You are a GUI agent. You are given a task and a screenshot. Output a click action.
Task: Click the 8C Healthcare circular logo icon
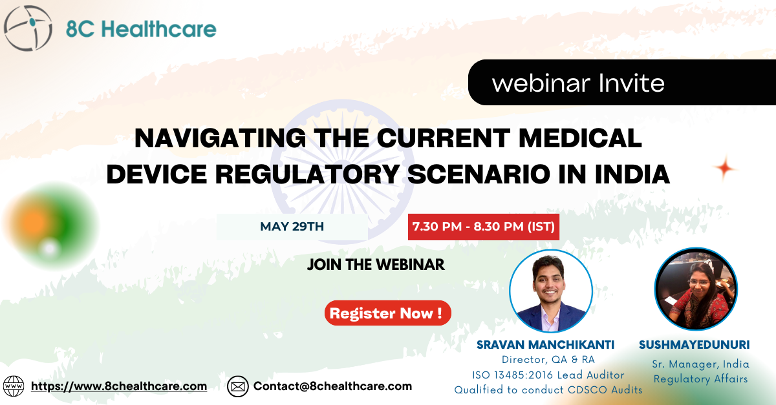[x=28, y=28]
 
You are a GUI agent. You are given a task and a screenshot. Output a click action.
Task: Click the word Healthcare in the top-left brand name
[x=159, y=28]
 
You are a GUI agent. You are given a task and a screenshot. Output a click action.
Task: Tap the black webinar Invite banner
[x=622, y=83]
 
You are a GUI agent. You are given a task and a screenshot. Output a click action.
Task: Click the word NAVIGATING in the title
[x=220, y=138]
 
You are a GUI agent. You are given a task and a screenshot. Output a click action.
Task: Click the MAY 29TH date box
[x=292, y=227]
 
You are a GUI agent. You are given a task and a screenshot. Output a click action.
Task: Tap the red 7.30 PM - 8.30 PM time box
[x=484, y=227]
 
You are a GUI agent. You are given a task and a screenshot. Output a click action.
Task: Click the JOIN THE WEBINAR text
[x=376, y=265]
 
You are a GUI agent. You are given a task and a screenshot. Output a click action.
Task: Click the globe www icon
[x=14, y=386]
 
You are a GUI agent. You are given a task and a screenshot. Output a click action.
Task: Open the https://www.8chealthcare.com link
[x=119, y=386]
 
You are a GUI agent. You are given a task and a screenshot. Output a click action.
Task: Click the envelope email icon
[x=238, y=386]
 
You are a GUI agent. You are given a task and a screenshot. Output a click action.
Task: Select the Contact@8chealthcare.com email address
[x=332, y=386]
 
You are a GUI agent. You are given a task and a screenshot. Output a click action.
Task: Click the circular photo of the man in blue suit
[x=551, y=291]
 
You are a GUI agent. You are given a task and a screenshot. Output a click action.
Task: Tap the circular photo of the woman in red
[x=696, y=289]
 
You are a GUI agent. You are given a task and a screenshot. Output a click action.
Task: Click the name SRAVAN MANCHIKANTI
[x=545, y=345]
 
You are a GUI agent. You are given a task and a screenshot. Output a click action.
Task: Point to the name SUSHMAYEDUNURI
[x=695, y=345]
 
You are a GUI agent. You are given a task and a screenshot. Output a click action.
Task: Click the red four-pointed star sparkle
[x=724, y=169]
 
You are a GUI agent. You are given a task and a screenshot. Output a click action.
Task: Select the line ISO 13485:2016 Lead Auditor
[x=548, y=375]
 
